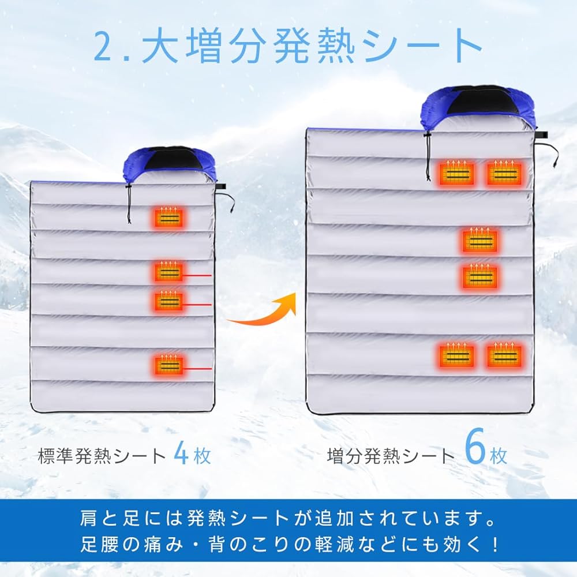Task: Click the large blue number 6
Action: [x=475, y=447]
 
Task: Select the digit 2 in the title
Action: [x=104, y=47]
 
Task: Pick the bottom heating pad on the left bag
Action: [x=168, y=365]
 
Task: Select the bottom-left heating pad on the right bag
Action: [x=457, y=355]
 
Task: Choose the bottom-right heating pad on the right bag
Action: [x=504, y=355]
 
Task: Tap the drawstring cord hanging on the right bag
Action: [x=428, y=156]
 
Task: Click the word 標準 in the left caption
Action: [x=55, y=456]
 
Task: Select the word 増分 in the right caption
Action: [x=344, y=456]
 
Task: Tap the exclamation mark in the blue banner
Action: [x=495, y=544]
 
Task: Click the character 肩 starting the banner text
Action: [x=89, y=518]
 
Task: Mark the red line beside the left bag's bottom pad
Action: [x=197, y=368]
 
